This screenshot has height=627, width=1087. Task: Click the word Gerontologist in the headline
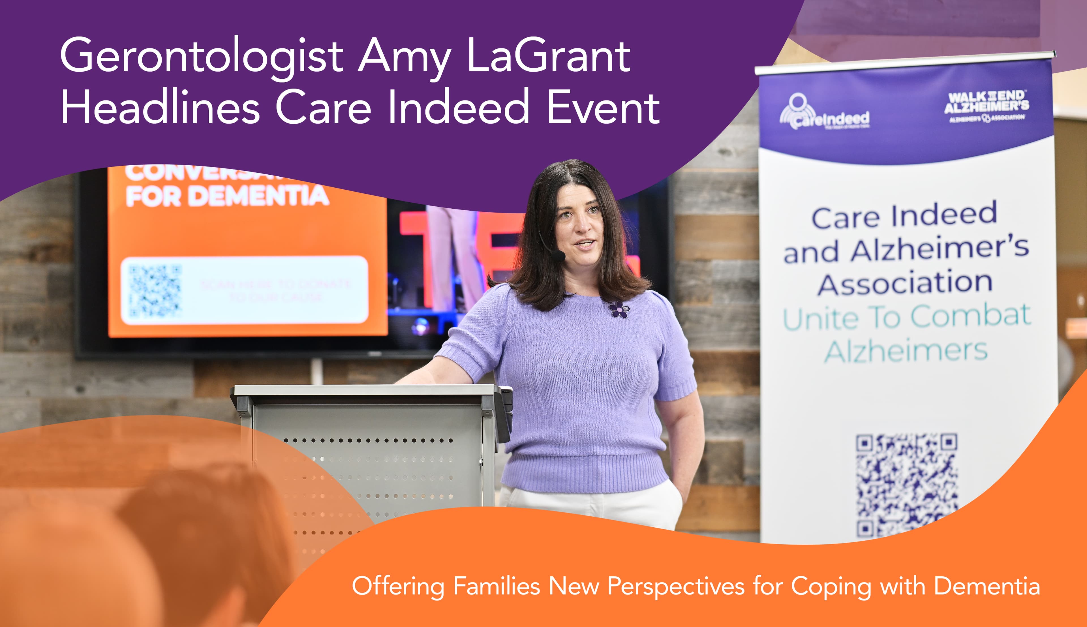tap(202, 56)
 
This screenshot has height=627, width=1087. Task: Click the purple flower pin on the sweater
tap(618, 309)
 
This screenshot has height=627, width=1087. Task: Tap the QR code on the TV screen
tap(155, 291)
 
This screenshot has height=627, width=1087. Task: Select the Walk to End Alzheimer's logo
tap(986, 106)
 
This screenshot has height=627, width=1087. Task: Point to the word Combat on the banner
tap(970, 316)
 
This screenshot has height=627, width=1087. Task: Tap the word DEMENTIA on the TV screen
tap(258, 196)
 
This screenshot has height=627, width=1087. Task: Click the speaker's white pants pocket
tap(671, 500)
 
